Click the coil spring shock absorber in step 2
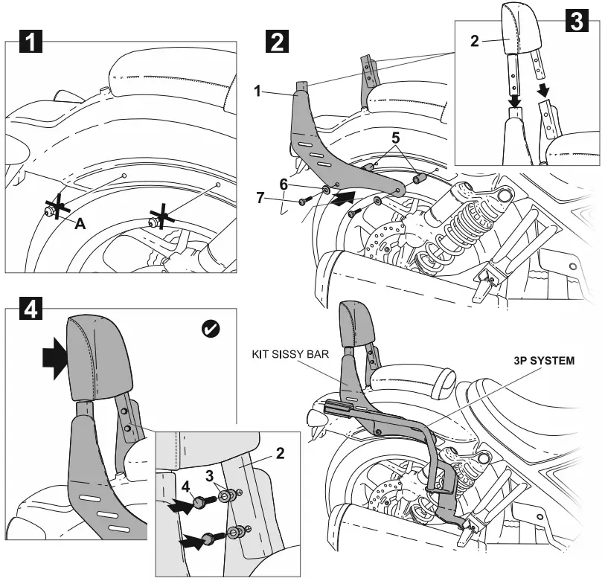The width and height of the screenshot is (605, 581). [455, 220]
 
